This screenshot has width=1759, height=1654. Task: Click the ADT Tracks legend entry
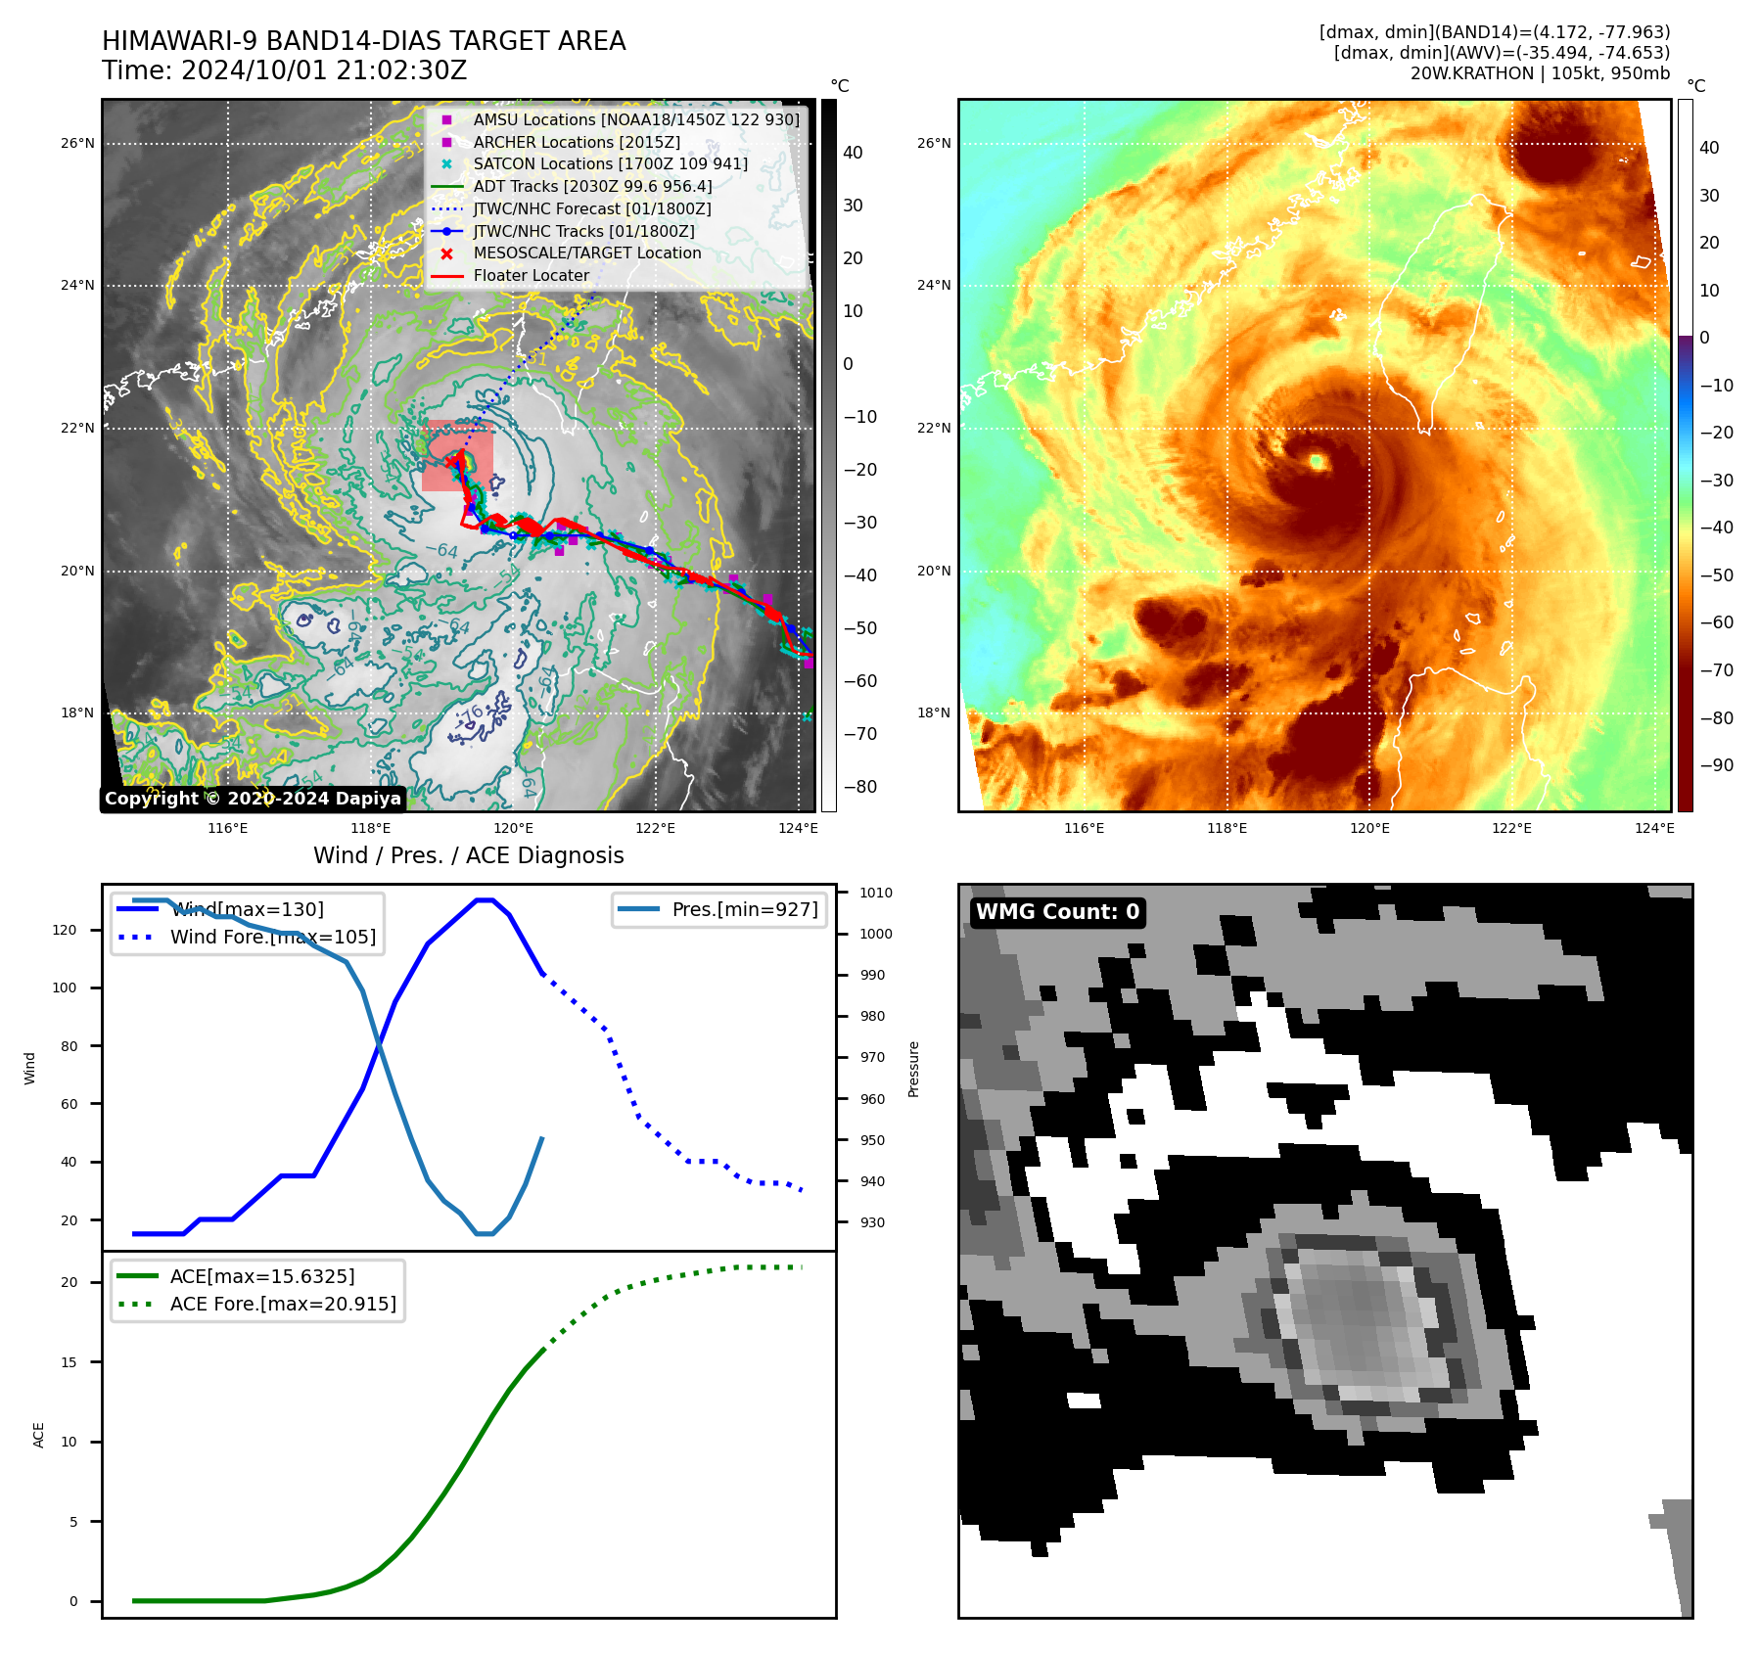592,186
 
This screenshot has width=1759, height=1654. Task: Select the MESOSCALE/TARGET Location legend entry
586,253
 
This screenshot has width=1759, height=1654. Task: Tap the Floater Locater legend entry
531,275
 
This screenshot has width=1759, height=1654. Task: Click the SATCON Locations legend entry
610,163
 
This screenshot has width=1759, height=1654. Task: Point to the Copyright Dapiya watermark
253,799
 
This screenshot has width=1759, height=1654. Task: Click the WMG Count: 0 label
1057,912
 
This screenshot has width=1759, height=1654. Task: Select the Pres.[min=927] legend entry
744,909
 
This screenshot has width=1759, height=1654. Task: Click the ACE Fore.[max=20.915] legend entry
282,1304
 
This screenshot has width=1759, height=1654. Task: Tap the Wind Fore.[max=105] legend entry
272,937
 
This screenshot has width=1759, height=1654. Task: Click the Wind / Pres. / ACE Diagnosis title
468,855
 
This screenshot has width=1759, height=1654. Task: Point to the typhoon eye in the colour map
1317,461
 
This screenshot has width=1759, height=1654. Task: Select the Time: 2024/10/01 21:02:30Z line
285,70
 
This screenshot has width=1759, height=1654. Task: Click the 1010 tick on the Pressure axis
875,893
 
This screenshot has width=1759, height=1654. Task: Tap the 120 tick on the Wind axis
65,930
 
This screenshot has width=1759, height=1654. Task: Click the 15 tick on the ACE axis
69,1362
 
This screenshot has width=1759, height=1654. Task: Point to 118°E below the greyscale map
371,828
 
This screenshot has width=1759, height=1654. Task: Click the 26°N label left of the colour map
933,143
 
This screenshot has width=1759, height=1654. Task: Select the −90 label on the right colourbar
1716,765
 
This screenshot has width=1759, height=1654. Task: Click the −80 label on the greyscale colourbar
860,787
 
